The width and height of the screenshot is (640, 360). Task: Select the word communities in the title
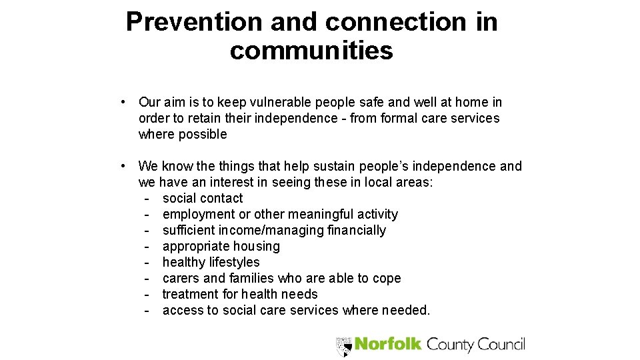[x=311, y=51]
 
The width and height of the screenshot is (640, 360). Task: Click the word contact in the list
[x=222, y=198]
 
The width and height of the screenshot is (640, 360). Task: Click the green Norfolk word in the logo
[x=387, y=344]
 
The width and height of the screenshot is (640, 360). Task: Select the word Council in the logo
[x=501, y=344]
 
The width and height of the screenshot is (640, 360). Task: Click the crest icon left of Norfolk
[x=344, y=345]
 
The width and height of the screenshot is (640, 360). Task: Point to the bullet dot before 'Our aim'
[x=124, y=102]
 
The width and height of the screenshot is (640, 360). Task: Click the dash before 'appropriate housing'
[x=145, y=246]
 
